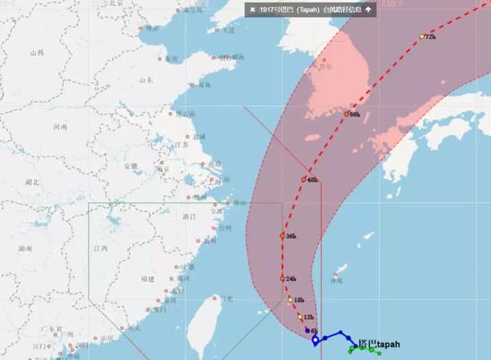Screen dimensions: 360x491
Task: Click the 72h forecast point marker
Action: pos(422,36)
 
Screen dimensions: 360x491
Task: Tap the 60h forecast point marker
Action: pos(347,114)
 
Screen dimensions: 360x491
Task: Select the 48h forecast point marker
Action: pos(305,179)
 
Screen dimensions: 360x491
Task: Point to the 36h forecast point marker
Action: pos(283,236)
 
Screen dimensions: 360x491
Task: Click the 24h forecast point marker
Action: pos(283,277)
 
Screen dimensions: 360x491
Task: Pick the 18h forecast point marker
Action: pos(290,299)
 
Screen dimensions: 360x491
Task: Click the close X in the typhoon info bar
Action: pos(252,9)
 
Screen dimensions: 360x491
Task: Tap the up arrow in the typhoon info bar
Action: pos(367,9)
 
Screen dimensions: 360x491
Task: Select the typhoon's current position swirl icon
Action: pos(315,339)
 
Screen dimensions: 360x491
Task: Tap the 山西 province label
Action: pos(36,53)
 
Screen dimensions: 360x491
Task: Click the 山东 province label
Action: pos(146,80)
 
